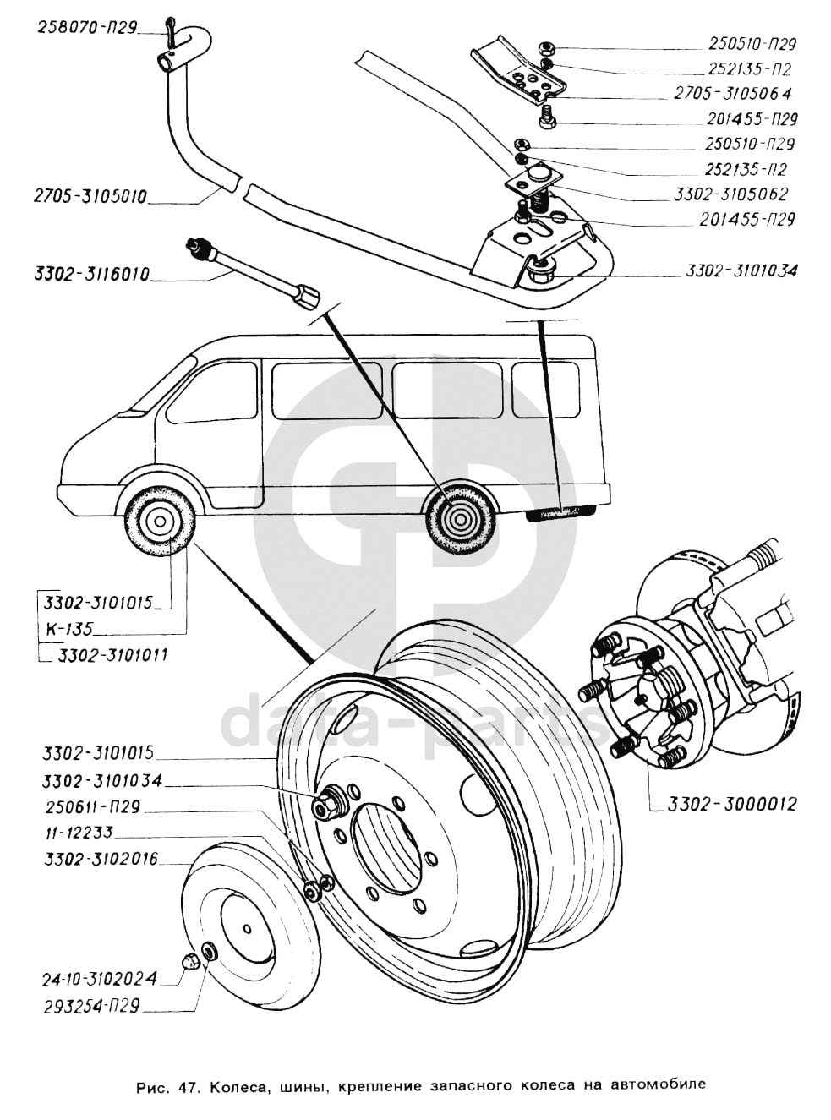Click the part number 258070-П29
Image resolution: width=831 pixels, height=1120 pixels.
point(87,26)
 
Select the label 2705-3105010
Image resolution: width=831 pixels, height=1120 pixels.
point(90,197)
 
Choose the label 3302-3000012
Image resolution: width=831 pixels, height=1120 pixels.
point(732,804)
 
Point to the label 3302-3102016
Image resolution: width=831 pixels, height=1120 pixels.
point(99,860)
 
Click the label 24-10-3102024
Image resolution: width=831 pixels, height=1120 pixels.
point(99,981)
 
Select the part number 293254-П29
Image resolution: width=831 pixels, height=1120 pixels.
point(91,1007)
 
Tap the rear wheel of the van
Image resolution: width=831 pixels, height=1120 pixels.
point(457,516)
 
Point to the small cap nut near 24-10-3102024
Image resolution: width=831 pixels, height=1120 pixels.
point(191,960)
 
